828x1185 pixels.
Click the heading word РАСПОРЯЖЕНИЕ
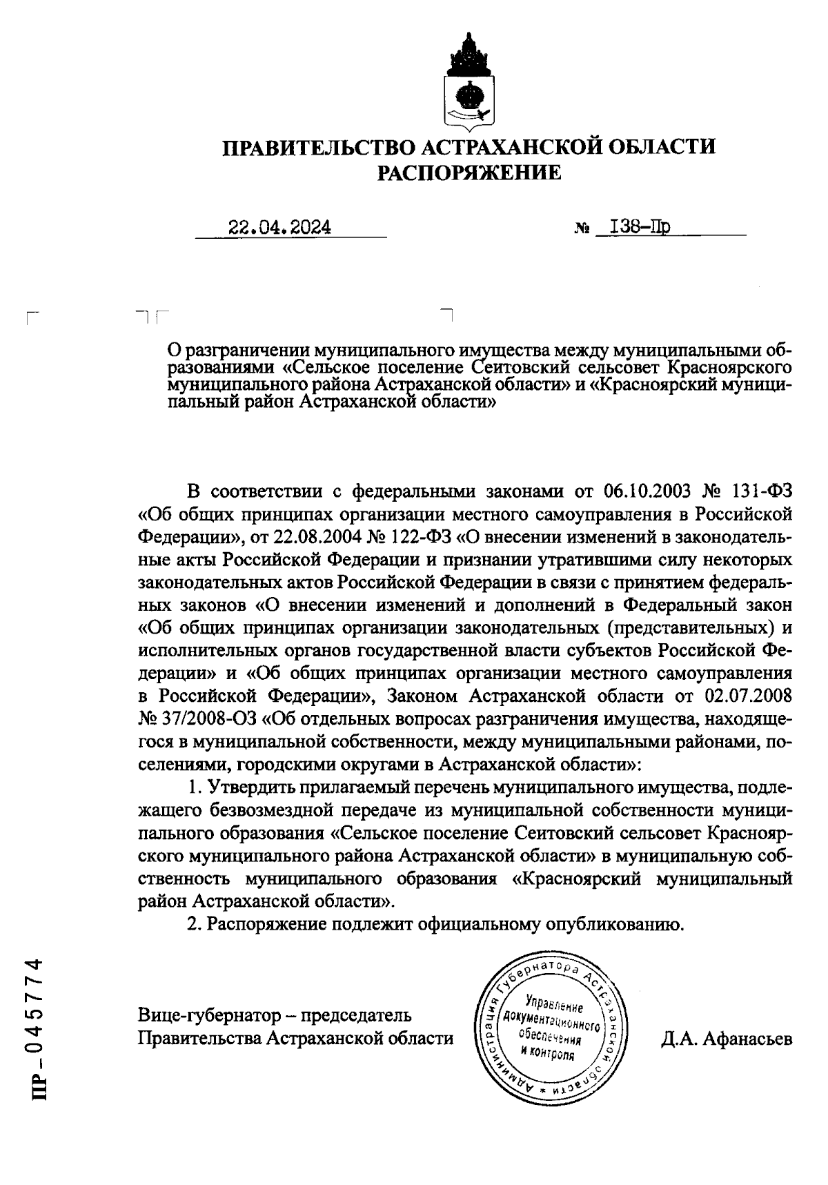tap(469, 173)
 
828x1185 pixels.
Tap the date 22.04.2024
tap(279, 228)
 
